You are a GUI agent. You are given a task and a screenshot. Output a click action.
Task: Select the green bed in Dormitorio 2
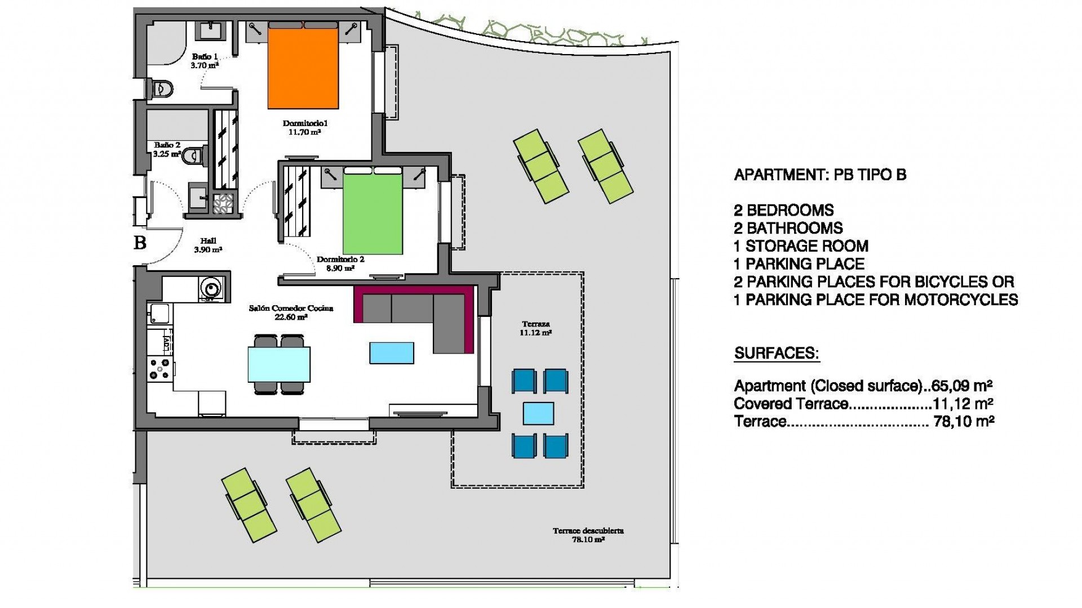[x=373, y=214]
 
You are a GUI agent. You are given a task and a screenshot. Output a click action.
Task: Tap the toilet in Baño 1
[x=162, y=89]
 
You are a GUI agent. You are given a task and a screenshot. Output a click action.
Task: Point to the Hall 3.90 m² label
[x=208, y=245]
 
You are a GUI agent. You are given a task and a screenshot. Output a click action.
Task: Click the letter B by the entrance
[x=140, y=243]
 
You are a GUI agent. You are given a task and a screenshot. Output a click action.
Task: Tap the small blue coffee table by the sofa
[x=392, y=353]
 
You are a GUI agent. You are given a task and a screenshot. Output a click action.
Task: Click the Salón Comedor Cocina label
[x=291, y=312]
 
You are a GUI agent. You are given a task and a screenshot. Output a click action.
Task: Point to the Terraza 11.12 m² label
[x=535, y=328]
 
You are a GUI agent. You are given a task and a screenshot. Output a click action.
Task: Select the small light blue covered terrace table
[x=538, y=413]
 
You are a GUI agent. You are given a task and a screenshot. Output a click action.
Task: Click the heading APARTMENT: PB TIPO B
[x=820, y=175]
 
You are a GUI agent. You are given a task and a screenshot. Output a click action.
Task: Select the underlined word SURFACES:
[x=777, y=354]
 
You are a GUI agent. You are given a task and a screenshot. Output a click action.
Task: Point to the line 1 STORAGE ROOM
[x=801, y=246]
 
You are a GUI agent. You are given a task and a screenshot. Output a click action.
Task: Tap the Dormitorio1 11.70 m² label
[x=305, y=128]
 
